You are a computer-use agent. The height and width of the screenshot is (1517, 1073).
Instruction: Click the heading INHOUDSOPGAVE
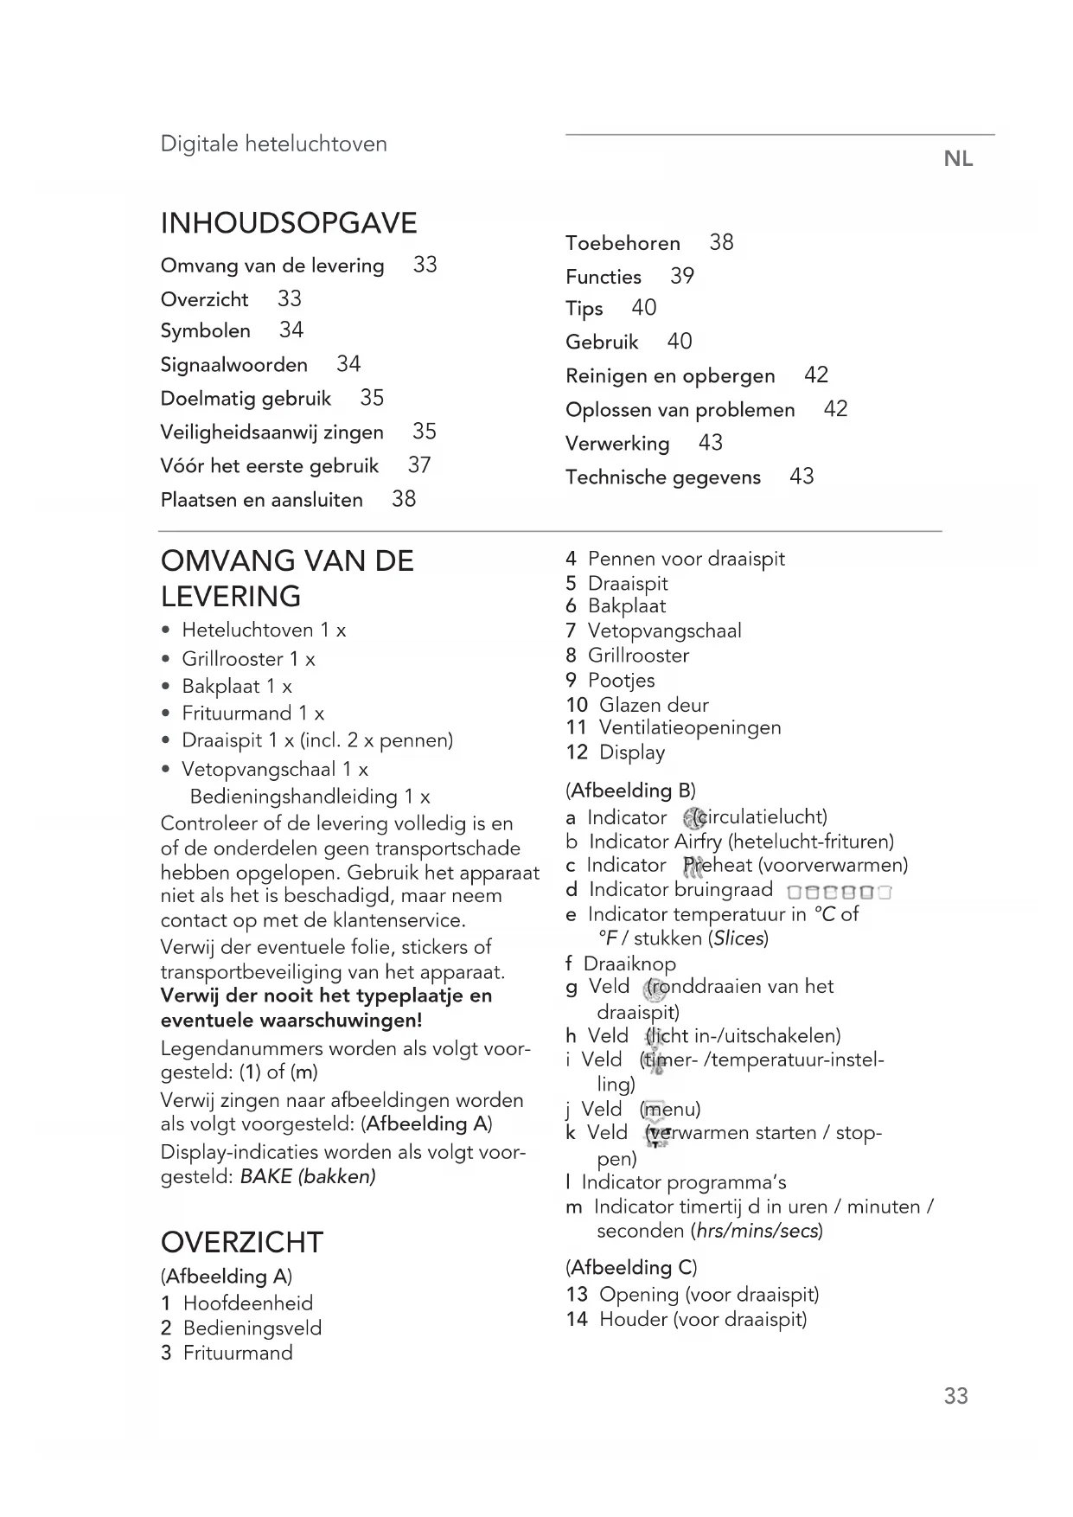point(289,223)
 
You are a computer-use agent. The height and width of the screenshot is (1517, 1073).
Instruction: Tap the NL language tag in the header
point(958,159)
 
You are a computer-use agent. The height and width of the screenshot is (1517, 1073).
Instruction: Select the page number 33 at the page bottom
point(955,1396)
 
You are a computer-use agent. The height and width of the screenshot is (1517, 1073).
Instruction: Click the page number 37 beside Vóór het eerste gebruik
point(419,465)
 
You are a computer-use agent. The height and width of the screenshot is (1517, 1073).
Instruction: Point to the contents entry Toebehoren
point(623,243)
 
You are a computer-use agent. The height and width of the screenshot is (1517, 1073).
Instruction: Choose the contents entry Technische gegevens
point(663,477)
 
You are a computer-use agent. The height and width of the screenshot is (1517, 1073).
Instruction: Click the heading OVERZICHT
point(241,1242)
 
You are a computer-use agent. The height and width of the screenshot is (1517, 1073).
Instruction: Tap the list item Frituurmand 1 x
point(252,714)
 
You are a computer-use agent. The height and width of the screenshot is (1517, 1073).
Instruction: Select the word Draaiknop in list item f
point(629,963)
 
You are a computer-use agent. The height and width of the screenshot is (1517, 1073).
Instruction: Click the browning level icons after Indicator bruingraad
point(839,892)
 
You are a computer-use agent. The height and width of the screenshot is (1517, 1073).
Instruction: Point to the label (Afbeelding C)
point(631,1268)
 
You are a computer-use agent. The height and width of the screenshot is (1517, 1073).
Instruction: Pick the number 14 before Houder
point(577,1319)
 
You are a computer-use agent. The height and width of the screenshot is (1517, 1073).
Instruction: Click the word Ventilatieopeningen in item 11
point(690,728)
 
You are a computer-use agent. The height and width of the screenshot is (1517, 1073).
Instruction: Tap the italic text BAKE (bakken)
point(308,1176)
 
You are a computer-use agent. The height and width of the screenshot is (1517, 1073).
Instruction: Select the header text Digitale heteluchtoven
point(273,144)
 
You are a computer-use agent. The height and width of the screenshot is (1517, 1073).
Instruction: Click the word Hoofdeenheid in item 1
point(248,1303)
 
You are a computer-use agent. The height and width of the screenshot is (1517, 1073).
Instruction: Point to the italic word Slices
point(738,938)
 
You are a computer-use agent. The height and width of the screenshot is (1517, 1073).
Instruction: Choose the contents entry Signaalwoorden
point(233,365)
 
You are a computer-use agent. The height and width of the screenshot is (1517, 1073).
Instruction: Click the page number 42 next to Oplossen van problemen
point(835,409)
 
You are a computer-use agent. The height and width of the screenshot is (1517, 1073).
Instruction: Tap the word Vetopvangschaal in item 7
point(664,630)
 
